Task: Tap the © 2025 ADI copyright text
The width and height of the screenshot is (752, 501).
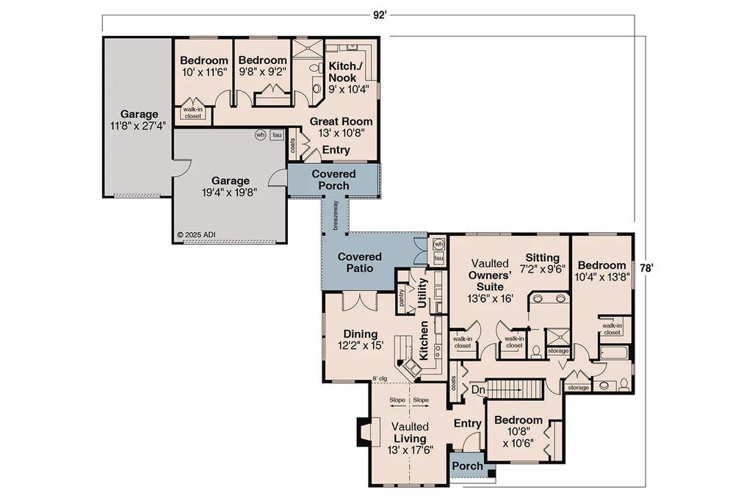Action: point(197,235)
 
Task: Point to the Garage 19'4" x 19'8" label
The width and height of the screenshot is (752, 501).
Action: point(231,187)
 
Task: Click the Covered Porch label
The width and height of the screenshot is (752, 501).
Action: point(333,180)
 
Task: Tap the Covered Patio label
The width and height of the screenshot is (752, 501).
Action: point(359,262)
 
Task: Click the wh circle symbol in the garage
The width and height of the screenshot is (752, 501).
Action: point(260,135)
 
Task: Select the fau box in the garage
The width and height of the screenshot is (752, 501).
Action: point(277,135)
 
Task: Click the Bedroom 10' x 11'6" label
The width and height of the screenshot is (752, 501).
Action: point(203,66)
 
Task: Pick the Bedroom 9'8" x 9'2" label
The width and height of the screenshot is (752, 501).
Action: point(262,66)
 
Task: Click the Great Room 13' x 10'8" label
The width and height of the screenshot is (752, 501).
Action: point(340,127)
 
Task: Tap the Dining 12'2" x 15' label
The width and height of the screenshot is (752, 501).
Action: point(360,339)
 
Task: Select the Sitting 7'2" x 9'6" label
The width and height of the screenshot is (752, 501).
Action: point(542,263)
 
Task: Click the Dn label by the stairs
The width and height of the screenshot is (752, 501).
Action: point(477,389)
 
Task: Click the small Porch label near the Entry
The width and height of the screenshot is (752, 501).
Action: point(467,466)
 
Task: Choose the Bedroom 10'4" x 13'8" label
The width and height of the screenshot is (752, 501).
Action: point(601,271)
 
